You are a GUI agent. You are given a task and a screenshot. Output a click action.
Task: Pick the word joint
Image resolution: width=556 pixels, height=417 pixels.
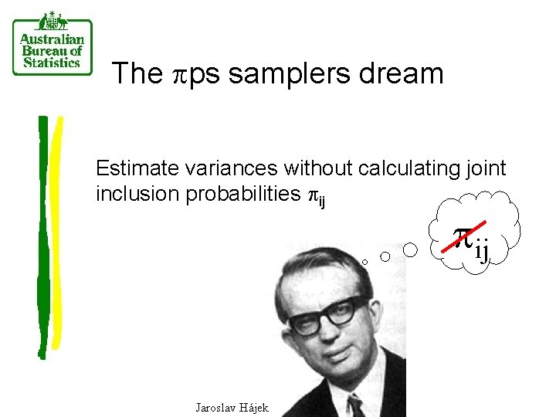485,168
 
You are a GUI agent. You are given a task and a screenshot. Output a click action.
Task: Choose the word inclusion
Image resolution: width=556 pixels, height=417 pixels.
137,194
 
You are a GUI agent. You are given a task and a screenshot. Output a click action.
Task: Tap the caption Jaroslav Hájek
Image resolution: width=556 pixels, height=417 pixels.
232,407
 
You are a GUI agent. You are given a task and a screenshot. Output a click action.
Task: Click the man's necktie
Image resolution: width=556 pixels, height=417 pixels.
355,405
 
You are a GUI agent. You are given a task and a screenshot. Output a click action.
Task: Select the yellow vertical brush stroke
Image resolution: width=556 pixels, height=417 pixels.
56,232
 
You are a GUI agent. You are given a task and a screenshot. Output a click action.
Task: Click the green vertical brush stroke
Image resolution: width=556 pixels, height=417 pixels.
42,232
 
